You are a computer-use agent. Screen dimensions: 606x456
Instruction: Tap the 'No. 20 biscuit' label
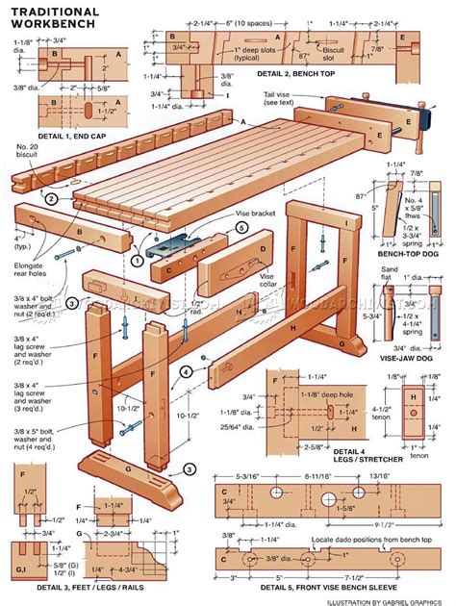[27, 150]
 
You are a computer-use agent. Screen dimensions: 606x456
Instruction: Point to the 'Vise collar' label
[273, 279]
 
